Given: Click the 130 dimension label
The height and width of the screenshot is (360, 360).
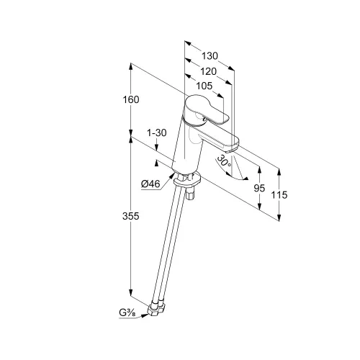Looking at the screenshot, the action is tap(210, 56).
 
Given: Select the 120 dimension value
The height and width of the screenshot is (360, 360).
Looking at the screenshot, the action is tap(208, 71).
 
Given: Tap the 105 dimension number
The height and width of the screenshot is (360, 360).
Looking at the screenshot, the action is tap(204, 86).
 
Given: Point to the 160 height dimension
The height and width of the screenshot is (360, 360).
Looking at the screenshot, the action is tap(131, 99).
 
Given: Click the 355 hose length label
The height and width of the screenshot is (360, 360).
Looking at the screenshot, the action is tap(131, 216).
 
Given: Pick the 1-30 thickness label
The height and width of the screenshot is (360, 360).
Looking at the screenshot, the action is tap(156, 132).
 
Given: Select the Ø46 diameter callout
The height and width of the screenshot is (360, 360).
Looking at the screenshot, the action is tap(150, 184).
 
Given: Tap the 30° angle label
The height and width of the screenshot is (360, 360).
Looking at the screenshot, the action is tap(224, 161).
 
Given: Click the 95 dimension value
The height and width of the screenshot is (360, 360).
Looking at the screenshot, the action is tap(259, 189).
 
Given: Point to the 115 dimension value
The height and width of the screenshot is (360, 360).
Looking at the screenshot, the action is tap(279, 195).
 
